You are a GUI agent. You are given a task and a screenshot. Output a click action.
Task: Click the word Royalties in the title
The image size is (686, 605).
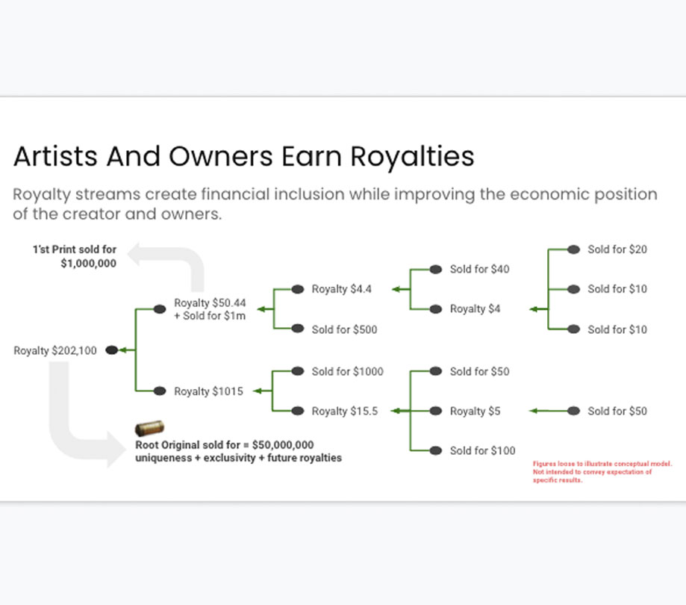(412, 157)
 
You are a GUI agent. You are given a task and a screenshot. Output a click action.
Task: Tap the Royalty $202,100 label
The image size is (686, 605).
(55, 350)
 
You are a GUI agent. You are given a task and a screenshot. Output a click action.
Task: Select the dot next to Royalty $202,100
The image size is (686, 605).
(112, 350)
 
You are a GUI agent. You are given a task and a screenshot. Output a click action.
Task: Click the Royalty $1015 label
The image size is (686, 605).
(208, 391)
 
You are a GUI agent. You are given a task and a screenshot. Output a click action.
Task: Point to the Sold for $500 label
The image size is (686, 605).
(344, 329)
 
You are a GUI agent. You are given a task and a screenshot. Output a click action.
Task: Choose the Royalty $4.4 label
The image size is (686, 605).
(341, 289)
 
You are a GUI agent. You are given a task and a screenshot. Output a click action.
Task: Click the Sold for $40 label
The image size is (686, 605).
(479, 269)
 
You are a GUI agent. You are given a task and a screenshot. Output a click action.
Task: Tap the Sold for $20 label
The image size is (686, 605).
(617, 249)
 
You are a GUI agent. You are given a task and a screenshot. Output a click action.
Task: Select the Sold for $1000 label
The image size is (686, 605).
(347, 372)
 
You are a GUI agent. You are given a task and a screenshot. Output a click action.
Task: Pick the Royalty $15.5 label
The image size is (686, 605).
(344, 411)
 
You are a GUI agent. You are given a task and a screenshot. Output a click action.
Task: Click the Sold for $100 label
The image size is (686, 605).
(482, 450)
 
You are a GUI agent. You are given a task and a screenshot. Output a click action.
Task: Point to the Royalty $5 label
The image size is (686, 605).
(475, 411)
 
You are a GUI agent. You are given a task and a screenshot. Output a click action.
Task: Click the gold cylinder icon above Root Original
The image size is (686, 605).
(149, 428)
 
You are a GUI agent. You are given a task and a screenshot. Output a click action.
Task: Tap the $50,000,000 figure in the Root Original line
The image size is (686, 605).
(283, 444)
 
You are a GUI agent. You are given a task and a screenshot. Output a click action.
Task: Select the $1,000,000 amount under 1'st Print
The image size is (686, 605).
(88, 264)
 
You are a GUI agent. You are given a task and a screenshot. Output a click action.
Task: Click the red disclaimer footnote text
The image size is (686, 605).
(602, 472)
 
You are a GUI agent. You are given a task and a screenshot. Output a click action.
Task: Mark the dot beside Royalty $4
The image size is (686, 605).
(436, 309)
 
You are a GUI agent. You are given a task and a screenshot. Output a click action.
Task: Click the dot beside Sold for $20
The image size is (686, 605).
(573, 249)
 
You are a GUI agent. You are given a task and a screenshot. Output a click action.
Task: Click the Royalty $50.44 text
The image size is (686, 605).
(210, 303)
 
